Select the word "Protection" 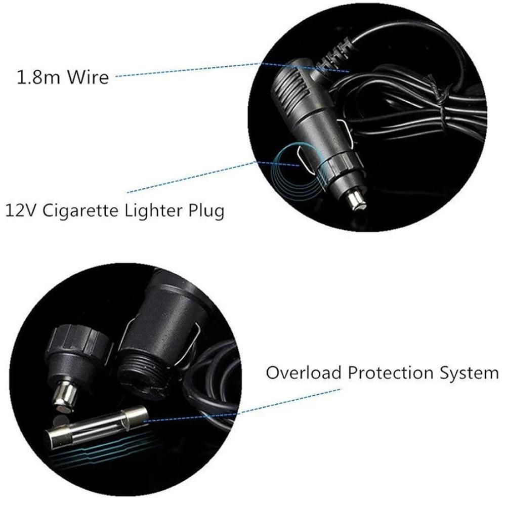[x=392, y=373]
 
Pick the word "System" [x=469, y=373]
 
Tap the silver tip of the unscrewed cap [x=66, y=394]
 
